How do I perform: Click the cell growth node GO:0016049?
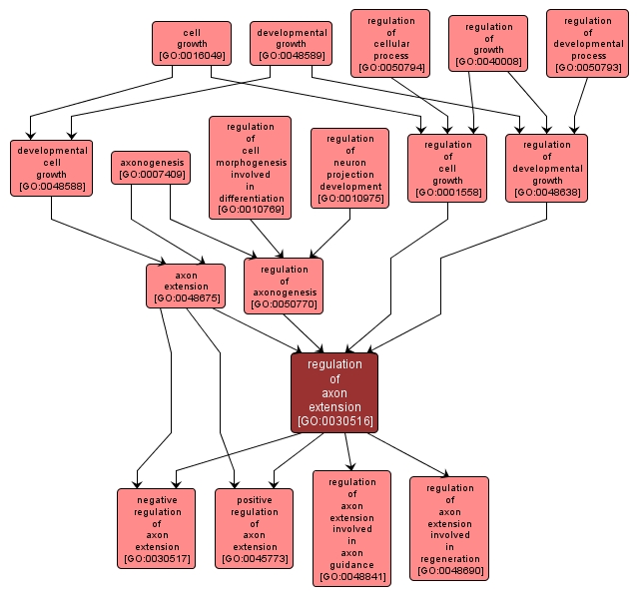(x=192, y=44)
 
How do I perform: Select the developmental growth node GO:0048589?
(x=291, y=44)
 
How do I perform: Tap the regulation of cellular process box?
(x=390, y=44)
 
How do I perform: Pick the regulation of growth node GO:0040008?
(x=488, y=44)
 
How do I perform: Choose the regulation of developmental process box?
(x=587, y=44)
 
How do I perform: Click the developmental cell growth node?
(x=52, y=168)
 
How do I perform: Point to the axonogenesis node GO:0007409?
(x=153, y=168)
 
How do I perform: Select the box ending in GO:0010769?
(x=250, y=168)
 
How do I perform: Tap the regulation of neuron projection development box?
(x=349, y=168)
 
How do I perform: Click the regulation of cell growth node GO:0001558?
(x=447, y=168)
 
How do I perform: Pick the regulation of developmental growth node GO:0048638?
(x=547, y=168)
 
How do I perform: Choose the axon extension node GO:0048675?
(x=185, y=286)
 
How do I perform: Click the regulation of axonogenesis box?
(x=284, y=286)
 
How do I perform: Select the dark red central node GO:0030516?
(x=334, y=392)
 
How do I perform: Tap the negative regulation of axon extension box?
(x=157, y=528)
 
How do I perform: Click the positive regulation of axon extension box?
(x=255, y=528)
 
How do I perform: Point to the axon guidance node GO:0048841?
(x=351, y=528)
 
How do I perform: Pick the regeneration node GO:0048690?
(x=449, y=528)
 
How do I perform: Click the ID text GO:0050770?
(x=284, y=303)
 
